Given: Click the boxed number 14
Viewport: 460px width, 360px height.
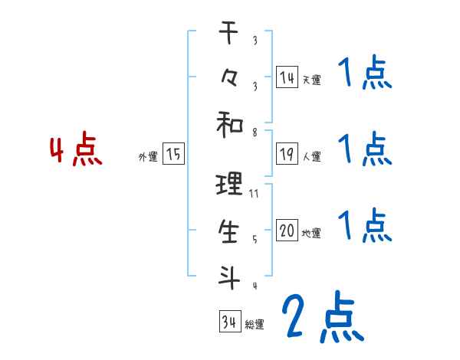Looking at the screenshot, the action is point(287,77).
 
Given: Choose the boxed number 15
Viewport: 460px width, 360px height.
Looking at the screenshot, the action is point(173,155).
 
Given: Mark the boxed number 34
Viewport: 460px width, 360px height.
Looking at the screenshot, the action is point(228,322).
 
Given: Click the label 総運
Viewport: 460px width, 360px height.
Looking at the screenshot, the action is point(254,325).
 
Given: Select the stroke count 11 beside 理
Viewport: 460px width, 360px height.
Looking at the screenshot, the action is point(254,194).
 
